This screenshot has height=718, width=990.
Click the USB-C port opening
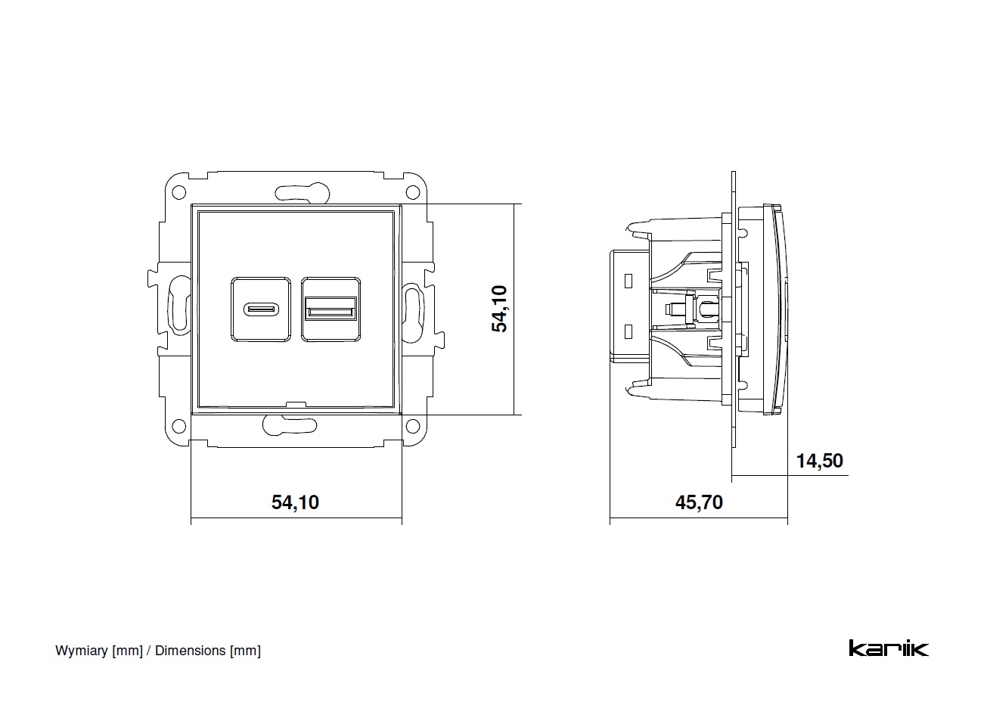pos(260,309)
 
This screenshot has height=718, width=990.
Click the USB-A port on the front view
pos(330,309)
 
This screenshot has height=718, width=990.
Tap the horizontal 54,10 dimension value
pos(295,502)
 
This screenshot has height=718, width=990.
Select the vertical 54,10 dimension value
pos(500,309)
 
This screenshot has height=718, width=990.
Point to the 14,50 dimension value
pos(819,460)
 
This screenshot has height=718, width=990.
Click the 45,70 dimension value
pos(699,502)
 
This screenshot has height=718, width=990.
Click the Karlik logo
pos(888,648)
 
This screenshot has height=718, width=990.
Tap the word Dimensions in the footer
pos(191,651)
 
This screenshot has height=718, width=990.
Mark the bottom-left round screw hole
pos(179,425)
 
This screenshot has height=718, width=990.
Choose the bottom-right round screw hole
pos(413,425)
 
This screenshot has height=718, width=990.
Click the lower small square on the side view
pos(628,331)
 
